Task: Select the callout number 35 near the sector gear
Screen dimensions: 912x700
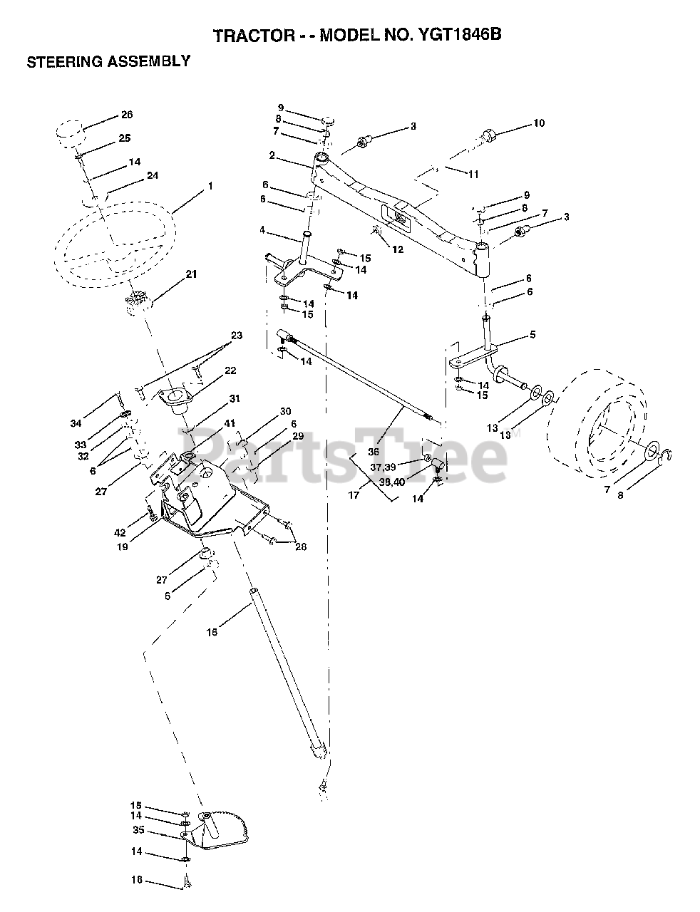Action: click(138, 830)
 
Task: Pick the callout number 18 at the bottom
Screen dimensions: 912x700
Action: click(137, 880)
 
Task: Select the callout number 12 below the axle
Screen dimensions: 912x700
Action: click(398, 249)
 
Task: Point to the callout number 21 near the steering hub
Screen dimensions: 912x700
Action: click(191, 274)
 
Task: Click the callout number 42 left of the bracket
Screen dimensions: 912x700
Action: click(139, 533)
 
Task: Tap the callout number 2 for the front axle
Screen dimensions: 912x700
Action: click(272, 155)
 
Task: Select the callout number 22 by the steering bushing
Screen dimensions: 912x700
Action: click(230, 370)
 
